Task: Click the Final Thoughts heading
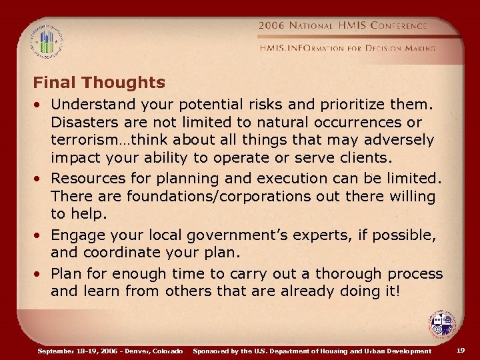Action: click(99, 83)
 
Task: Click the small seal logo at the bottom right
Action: click(441, 325)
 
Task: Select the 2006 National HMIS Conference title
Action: click(343, 26)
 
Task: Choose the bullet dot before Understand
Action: click(41, 105)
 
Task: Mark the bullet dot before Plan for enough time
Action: click(41, 273)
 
